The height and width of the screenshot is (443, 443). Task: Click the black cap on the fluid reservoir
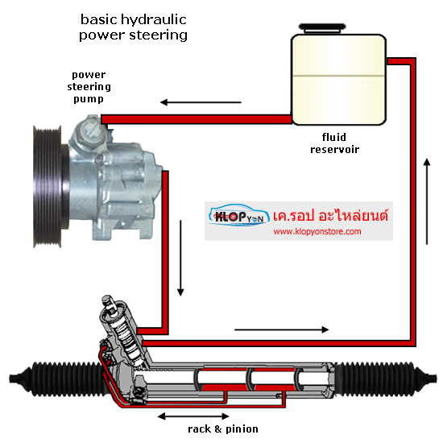(322, 28)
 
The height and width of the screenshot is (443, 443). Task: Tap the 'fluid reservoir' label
(334, 143)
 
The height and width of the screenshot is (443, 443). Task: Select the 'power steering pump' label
(89, 87)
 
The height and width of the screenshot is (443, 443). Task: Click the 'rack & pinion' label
(223, 429)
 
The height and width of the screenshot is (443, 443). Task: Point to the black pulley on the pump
(48, 187)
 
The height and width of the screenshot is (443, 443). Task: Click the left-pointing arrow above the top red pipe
(201, 102)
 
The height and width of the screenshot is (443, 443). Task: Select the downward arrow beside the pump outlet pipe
(180, 258)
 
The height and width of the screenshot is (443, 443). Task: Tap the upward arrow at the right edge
(427, 201)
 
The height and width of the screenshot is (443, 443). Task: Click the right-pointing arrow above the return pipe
(282, 329)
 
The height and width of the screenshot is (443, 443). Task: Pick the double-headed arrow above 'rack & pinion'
(193, 416)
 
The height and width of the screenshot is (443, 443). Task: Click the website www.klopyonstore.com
(317, 232)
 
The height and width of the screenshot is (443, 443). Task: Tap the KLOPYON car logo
(239, 215)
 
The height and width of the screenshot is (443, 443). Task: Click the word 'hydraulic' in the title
(153, 20)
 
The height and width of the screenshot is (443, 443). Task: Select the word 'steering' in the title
(159, 35)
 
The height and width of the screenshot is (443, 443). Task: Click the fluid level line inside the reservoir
(338, 76)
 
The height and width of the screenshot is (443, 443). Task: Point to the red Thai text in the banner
(330, 216)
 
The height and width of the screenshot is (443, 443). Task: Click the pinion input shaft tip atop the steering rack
(108, 300)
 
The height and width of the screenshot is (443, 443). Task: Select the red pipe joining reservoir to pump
(197, 119)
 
